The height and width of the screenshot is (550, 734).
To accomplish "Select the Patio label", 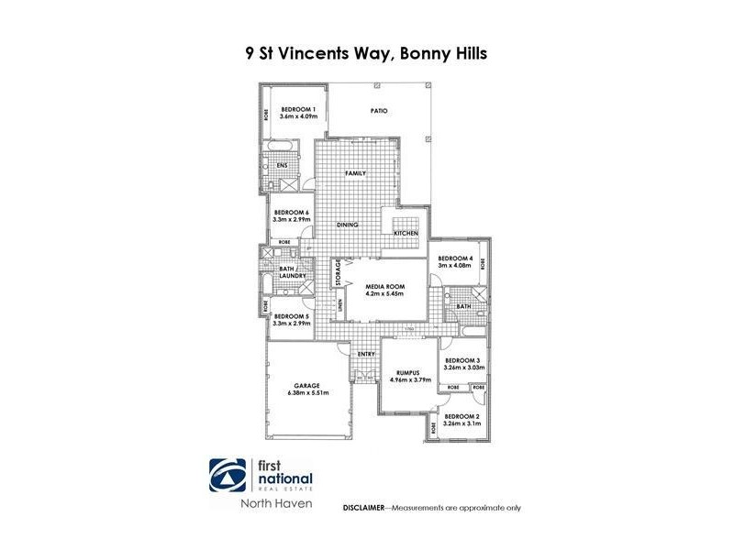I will coord(379,111).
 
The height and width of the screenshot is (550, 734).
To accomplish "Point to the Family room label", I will coord(355,173).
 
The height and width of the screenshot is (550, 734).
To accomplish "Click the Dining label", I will coord(346,225).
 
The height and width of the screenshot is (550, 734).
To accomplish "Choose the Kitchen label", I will coord(406,234).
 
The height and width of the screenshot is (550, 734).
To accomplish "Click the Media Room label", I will coord(385,287).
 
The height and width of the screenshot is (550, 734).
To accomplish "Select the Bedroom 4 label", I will coord(455,258).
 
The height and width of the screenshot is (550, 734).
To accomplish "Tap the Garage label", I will coord(306,386).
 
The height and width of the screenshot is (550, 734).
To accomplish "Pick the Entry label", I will coord(366,354).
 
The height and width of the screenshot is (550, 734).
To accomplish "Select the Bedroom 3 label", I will coord(462,361).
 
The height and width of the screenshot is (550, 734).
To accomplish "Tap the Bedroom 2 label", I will coord(462,417).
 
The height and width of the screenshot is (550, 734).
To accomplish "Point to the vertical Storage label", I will coord(338,272).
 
